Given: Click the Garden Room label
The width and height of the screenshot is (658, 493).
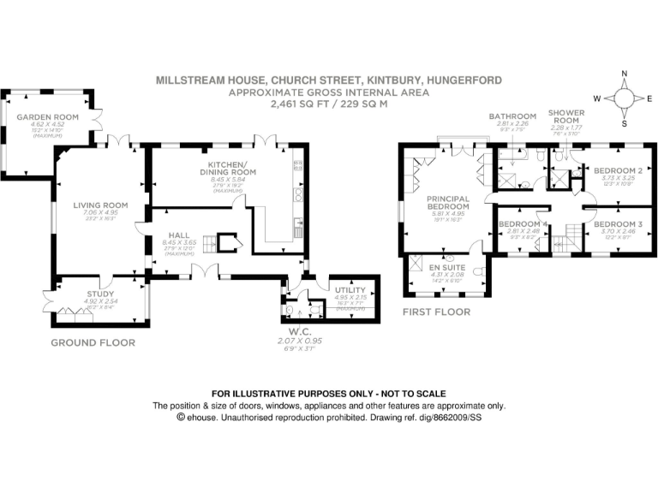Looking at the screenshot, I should [53, 117].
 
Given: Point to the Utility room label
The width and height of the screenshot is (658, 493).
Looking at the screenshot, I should [349, 291].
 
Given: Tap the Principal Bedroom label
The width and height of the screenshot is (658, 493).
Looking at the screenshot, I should [448, 203].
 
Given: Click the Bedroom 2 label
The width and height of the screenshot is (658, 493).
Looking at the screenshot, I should [618, 170].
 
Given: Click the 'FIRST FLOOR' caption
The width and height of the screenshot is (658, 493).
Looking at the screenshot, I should [436, 312].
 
